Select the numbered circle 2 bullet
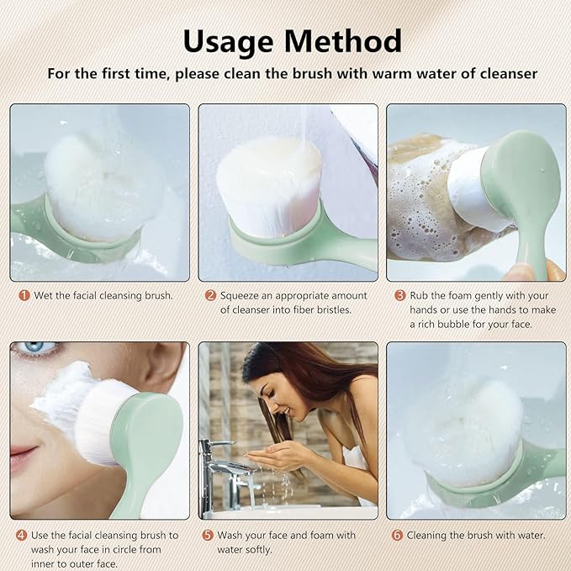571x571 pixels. click(x=210, y=296)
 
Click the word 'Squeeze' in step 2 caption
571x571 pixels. click(x=244, y=296)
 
